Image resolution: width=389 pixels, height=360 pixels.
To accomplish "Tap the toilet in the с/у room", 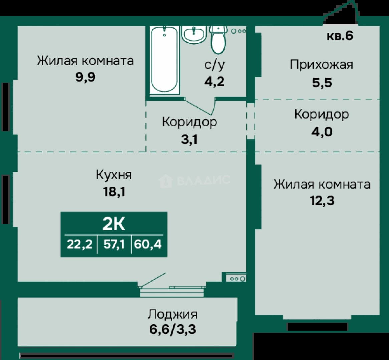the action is point(218,40).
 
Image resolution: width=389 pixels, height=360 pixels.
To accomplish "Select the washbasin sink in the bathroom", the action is point(194,35).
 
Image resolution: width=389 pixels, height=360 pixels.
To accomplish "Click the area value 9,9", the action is point(85,77).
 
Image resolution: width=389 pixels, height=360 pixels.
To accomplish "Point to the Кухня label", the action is point(114,175).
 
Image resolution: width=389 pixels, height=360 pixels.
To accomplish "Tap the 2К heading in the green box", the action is point(114,224).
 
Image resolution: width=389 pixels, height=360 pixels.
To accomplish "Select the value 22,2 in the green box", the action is point(80,244).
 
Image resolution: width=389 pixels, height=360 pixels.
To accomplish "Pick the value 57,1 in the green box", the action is point(114,244).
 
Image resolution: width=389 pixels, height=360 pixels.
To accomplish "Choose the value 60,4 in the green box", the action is point(148,244).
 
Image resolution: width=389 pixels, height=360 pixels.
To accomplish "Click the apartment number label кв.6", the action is point(340,36).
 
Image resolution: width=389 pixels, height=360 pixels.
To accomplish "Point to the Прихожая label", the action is point(321,65).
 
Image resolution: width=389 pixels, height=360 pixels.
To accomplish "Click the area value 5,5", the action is point(322,83).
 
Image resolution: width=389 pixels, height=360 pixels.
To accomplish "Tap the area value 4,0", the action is point(322,132).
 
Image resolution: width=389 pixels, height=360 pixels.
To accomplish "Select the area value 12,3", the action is point(322,201).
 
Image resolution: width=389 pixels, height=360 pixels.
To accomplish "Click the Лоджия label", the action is point(173,314).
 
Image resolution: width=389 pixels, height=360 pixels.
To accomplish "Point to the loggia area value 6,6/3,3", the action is point(173,330).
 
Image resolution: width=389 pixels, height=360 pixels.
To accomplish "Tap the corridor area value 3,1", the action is point(189,140).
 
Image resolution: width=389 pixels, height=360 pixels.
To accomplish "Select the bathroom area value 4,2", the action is point(214,81).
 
